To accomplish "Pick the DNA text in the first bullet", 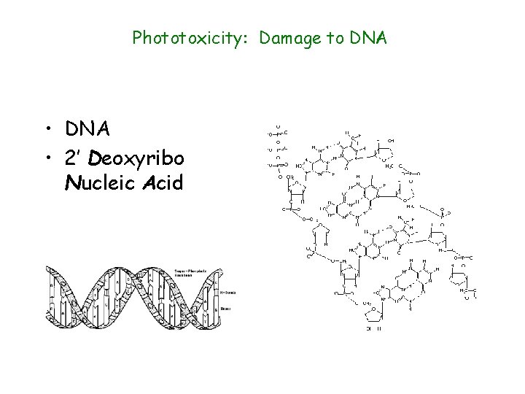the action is pos(87,129).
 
